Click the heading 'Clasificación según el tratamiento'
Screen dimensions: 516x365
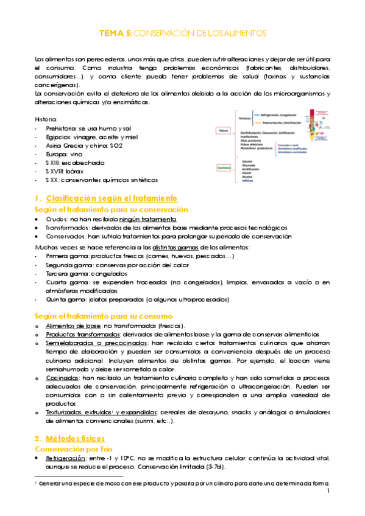[112, 198]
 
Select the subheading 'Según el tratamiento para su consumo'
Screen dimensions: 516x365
[104, 316]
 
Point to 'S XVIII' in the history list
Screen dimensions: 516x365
[57, 171]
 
